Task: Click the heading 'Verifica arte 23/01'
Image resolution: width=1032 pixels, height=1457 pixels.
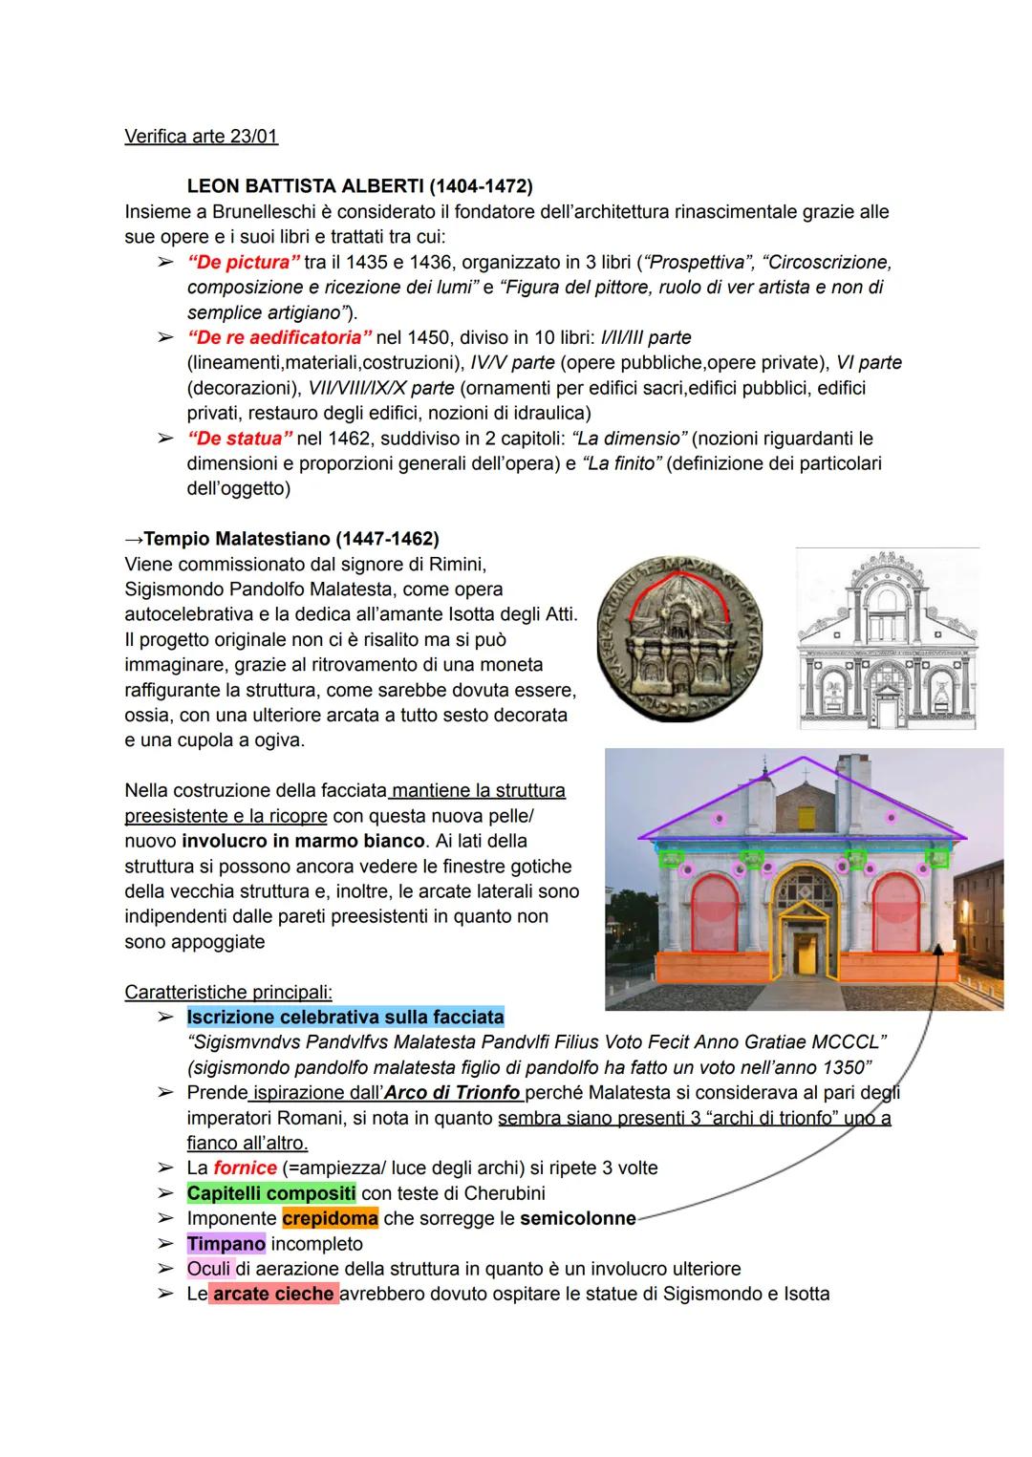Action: [x=201, y=136]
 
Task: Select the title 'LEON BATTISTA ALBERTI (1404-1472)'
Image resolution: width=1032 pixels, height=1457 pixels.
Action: [x=359, y=185]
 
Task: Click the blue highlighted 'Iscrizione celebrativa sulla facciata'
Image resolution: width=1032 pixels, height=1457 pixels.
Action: [x=345, y=1017]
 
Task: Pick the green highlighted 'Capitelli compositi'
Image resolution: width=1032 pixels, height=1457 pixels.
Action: [x=271, y=1193]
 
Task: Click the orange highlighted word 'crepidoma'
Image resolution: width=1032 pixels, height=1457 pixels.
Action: [x=330, y=1218]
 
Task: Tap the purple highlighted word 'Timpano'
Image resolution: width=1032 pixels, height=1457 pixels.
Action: [x=226, y=1244]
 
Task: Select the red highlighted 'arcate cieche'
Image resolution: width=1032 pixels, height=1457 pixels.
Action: [x=273, y=1295]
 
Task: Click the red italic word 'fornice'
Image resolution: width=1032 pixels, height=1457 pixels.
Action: [x=245, y=1168]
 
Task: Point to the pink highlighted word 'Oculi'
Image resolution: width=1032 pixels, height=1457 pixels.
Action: [x=209, y=1269]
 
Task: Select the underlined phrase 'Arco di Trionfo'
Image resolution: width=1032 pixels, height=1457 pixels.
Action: [x=461, y=1092]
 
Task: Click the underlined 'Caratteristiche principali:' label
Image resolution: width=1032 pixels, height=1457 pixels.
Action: [x=227, y=992]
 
